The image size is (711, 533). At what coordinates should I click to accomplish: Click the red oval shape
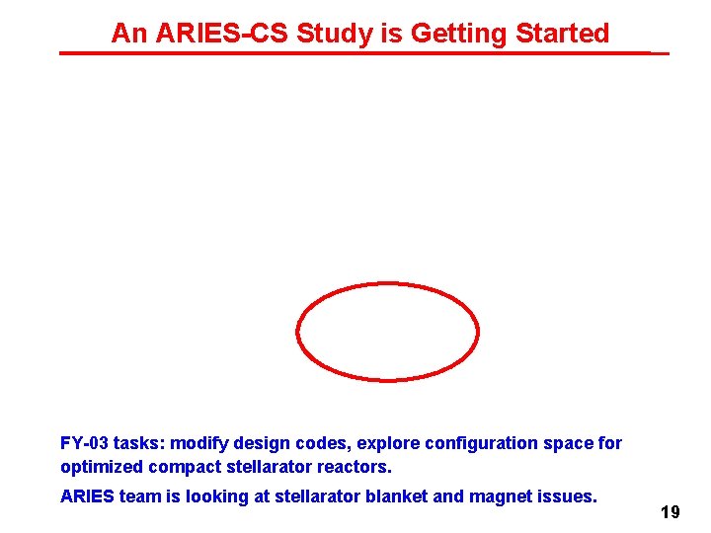388,284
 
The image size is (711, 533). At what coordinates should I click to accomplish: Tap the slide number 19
671,512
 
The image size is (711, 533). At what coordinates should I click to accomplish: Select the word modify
203,443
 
